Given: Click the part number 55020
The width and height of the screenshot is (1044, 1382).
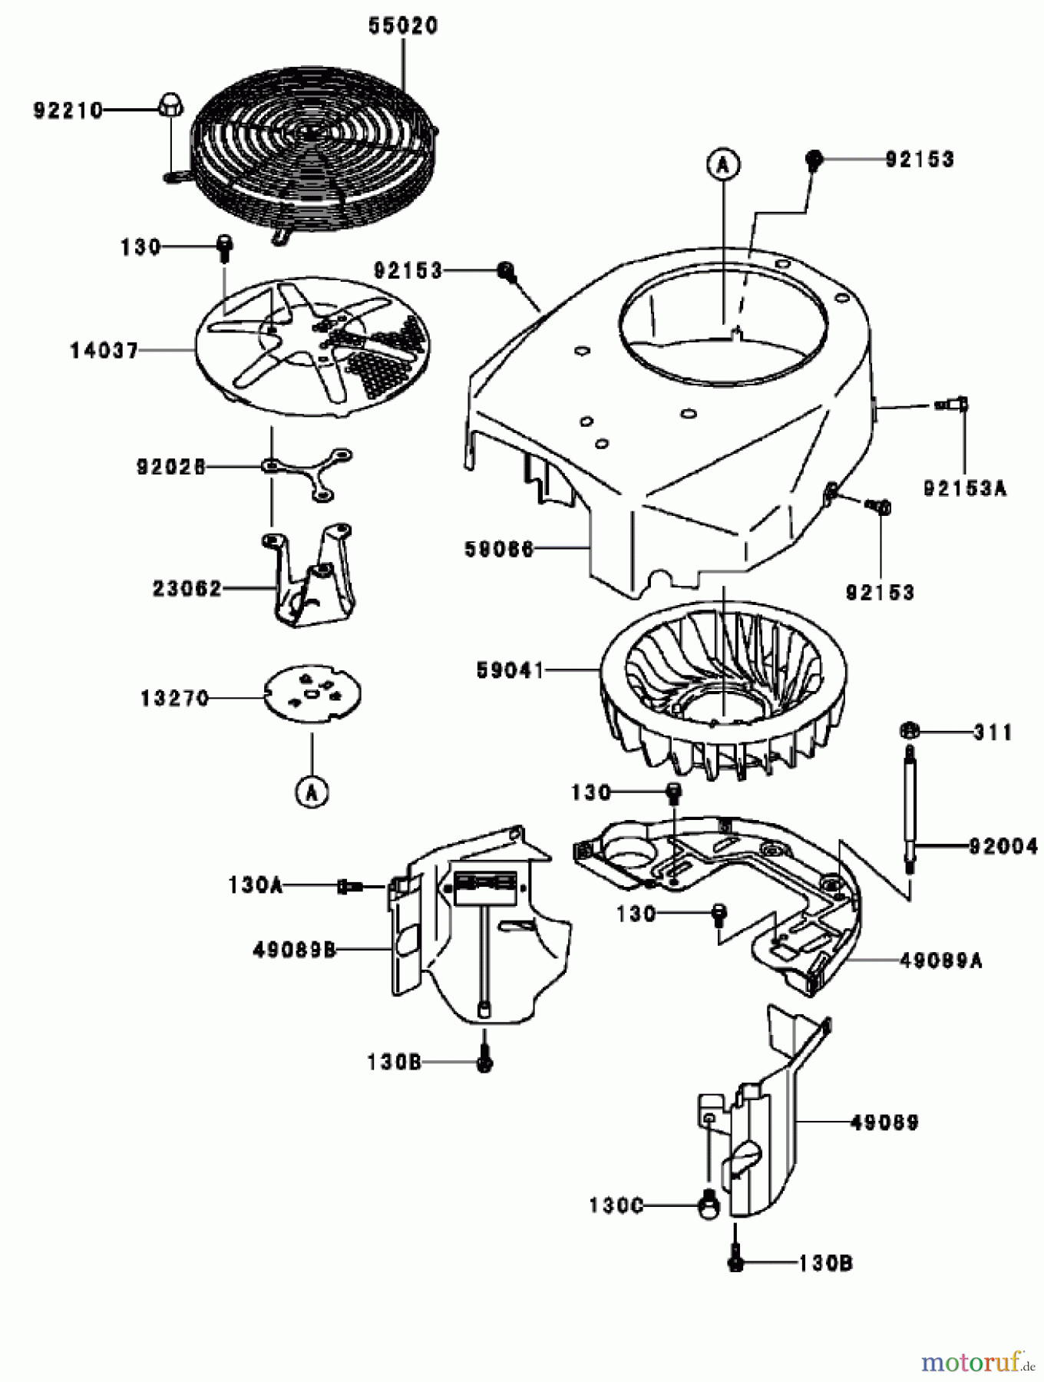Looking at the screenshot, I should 402,25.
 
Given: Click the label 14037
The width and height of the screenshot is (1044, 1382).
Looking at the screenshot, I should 104,351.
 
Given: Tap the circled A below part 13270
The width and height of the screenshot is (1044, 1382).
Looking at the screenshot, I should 312,792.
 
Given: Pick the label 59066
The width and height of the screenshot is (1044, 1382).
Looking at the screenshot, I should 498,549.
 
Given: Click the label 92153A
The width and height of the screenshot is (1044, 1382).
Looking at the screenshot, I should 964,488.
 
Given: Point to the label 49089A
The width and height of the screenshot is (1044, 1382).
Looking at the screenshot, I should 940,960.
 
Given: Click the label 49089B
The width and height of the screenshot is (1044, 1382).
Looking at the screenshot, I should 294,950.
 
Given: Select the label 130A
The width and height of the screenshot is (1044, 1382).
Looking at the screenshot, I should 255,885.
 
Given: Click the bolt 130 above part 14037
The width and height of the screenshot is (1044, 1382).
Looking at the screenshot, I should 224,246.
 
